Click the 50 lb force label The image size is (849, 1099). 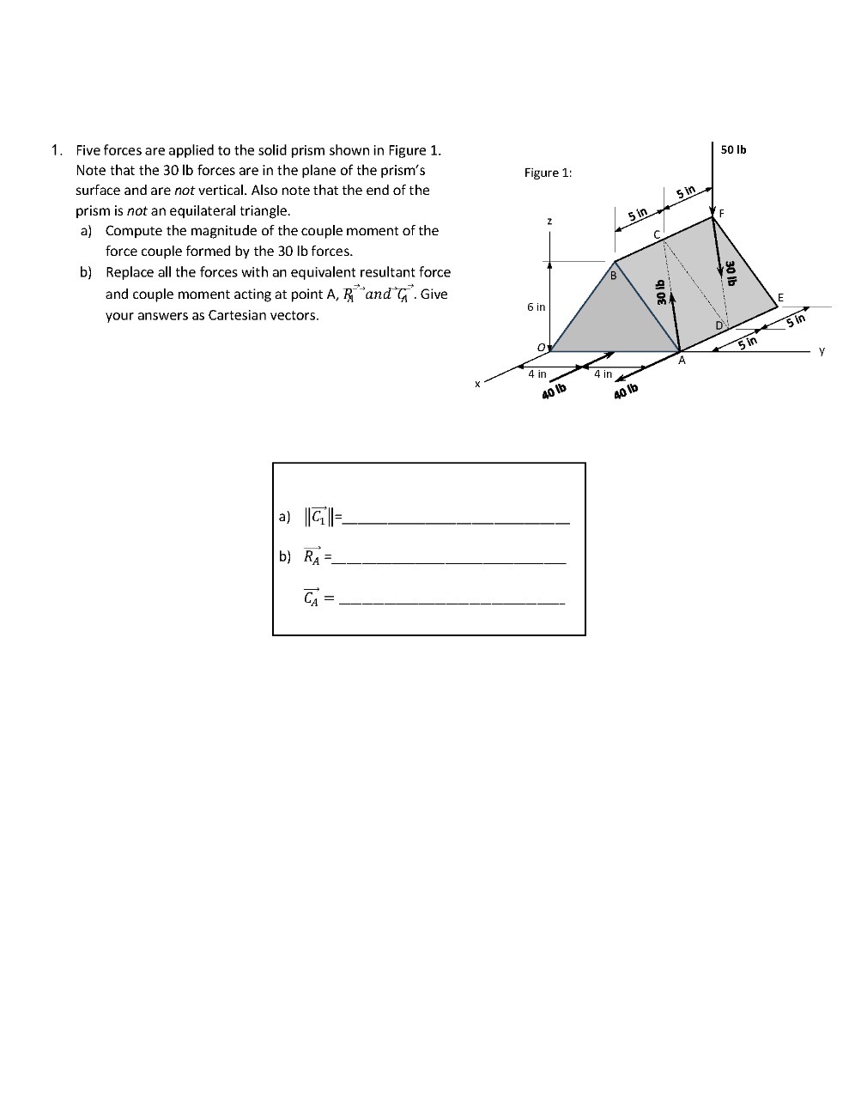[x=733, y=149]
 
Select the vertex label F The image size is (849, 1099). [x=722, y=213]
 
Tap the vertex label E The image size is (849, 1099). [x=779, y=297]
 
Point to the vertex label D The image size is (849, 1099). [x=719, y=325]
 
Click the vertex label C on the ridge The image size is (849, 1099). [x=658, y=234]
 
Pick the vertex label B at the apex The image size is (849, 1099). [x=613, y=276]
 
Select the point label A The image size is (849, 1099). [x=682, y=361]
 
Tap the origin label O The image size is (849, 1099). [x=542, y=346]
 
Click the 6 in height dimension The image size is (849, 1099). [x=536, y=307]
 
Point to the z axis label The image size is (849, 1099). [x=549, y=222]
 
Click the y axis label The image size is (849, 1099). [x=822, y=350]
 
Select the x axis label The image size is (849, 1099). [x=477, y=384]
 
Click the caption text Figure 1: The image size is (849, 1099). [x=548, y=173]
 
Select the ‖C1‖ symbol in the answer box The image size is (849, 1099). [x=319, y=517]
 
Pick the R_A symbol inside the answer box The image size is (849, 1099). [x=312, y=556]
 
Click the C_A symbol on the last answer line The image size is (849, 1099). [x=312, y=598]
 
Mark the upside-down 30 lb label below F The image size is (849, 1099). [x=731, y=272]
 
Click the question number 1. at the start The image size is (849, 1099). [x=57, y=149]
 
